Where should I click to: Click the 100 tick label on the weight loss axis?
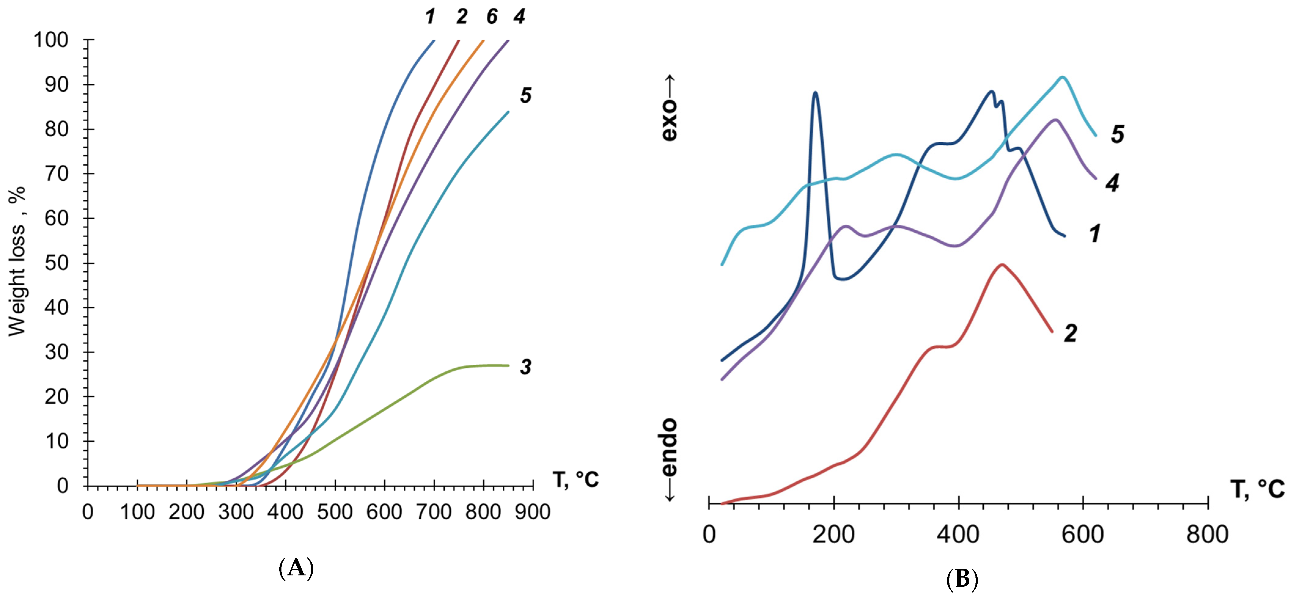click(50, 40)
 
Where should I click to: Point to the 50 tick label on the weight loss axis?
click(57, 263)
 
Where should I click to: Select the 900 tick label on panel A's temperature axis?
click(532, 512)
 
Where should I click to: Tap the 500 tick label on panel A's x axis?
click(335, 512)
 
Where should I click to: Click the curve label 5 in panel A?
click(525, 95)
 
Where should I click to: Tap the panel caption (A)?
click(296, 568)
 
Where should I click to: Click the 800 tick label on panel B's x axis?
click(1207, 534)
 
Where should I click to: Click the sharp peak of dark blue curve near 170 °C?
click(816, 93)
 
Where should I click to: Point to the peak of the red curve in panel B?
click(1002, 264)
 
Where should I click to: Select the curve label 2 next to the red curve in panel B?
click(1070, 333)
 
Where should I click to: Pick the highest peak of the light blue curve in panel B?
click(1062, 77)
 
